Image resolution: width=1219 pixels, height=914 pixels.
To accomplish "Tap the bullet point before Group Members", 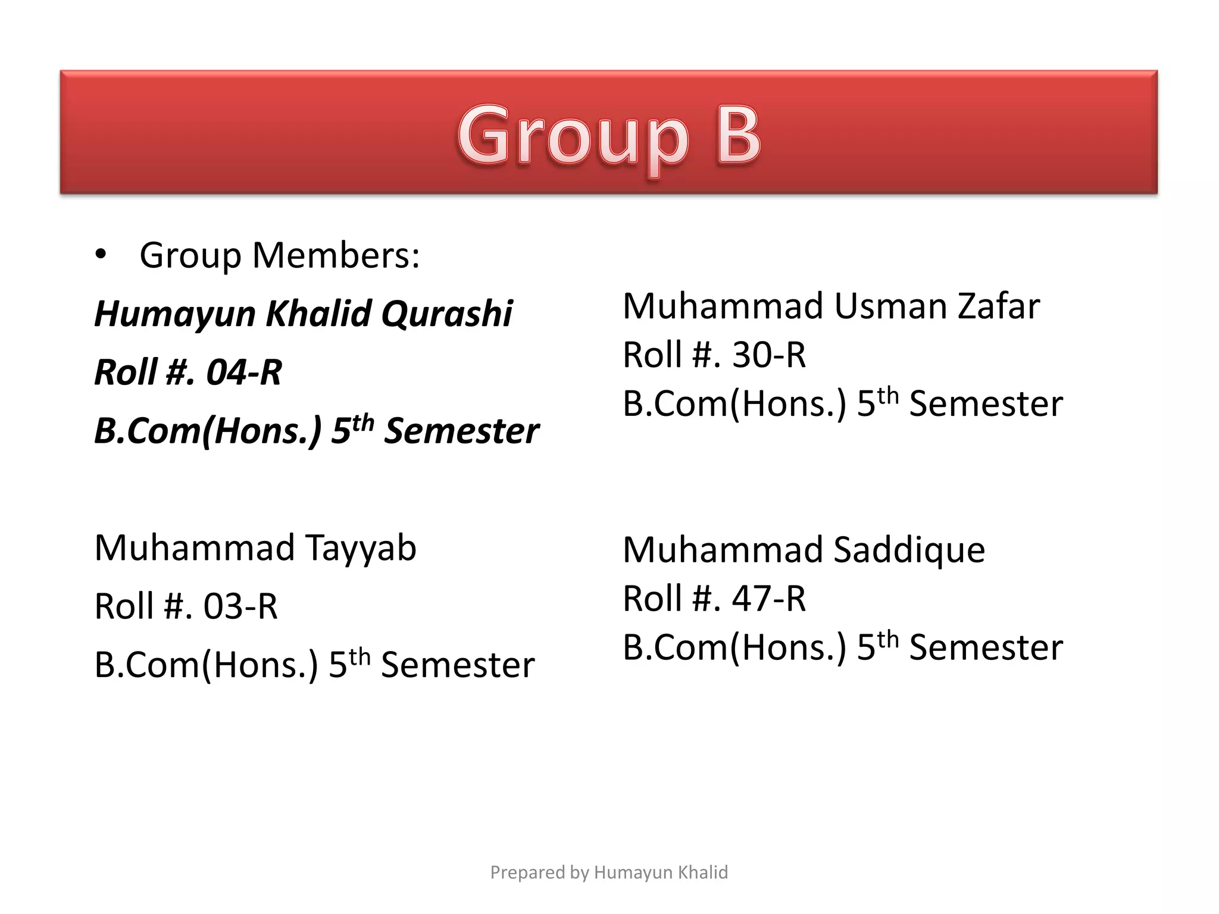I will pos(101,255).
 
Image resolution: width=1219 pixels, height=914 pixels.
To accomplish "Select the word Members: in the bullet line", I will pos(336,255).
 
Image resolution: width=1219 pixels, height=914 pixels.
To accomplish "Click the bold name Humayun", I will pos(175,314).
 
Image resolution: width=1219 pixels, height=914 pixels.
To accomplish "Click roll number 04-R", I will pos(243,373).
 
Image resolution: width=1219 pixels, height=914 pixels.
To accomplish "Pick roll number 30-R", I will pos(768,355).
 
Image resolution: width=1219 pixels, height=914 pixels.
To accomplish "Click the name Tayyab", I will pos(361,548).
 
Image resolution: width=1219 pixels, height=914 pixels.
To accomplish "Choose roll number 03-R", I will pos(240,606).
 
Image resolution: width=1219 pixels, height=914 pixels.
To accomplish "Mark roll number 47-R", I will pos(768,598).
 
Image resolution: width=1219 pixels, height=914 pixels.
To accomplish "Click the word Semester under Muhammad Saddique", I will pos(986,647).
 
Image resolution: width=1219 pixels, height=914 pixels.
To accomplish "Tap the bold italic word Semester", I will pos(461,431).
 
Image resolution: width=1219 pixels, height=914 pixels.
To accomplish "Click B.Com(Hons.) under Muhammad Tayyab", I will pos(206,665).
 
